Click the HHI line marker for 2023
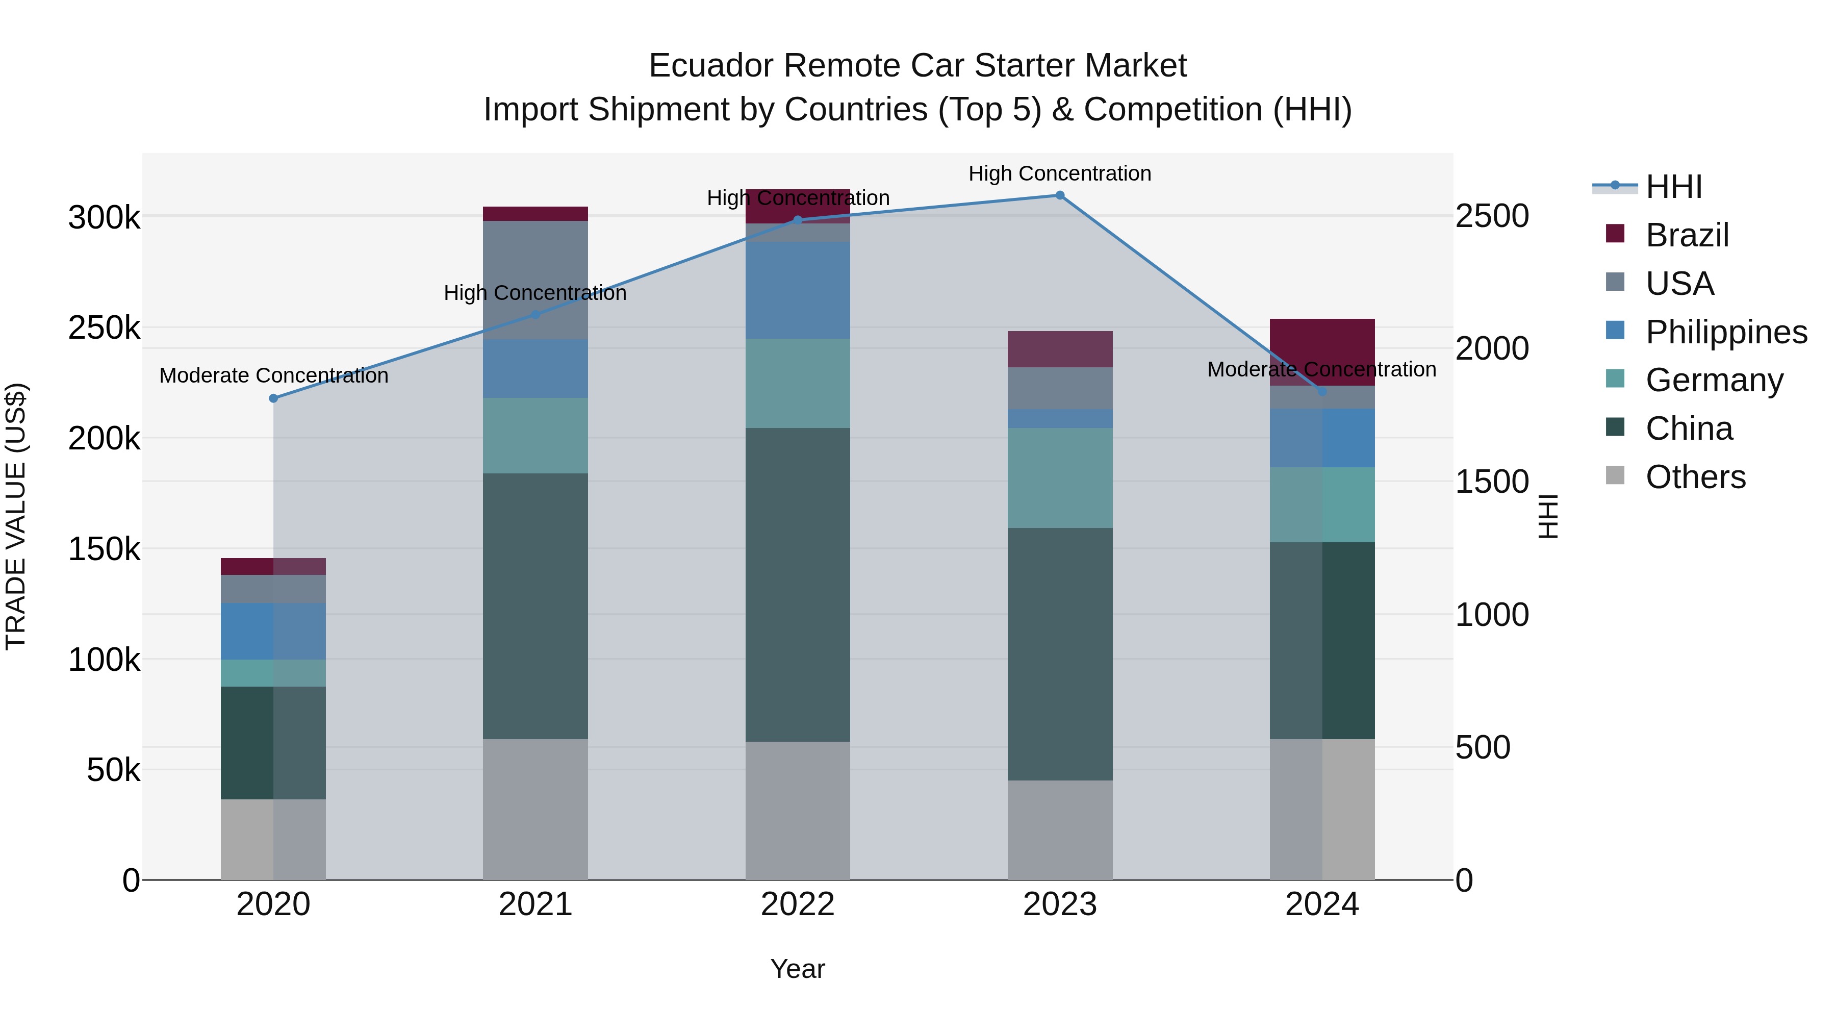pos(1059,195)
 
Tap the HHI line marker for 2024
pos(1322,391)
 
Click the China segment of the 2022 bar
pos(798,585)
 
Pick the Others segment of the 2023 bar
pos(1060,830)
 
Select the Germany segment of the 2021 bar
pos(535,436)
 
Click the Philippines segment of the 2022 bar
pos(798,290)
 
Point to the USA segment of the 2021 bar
pos(535,280)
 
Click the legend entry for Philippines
pos(1725,332)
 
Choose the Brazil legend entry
pos(1687,235)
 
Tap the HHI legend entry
pos(1673,187)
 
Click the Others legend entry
pos(1695,477)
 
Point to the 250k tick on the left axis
pos(104,329)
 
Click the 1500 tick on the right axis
pos(1491,482)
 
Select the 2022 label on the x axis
pos(798,904)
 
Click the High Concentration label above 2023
pos(1059,173)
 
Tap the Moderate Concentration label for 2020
pos(274,375)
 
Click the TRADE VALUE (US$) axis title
pos(16,516)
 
